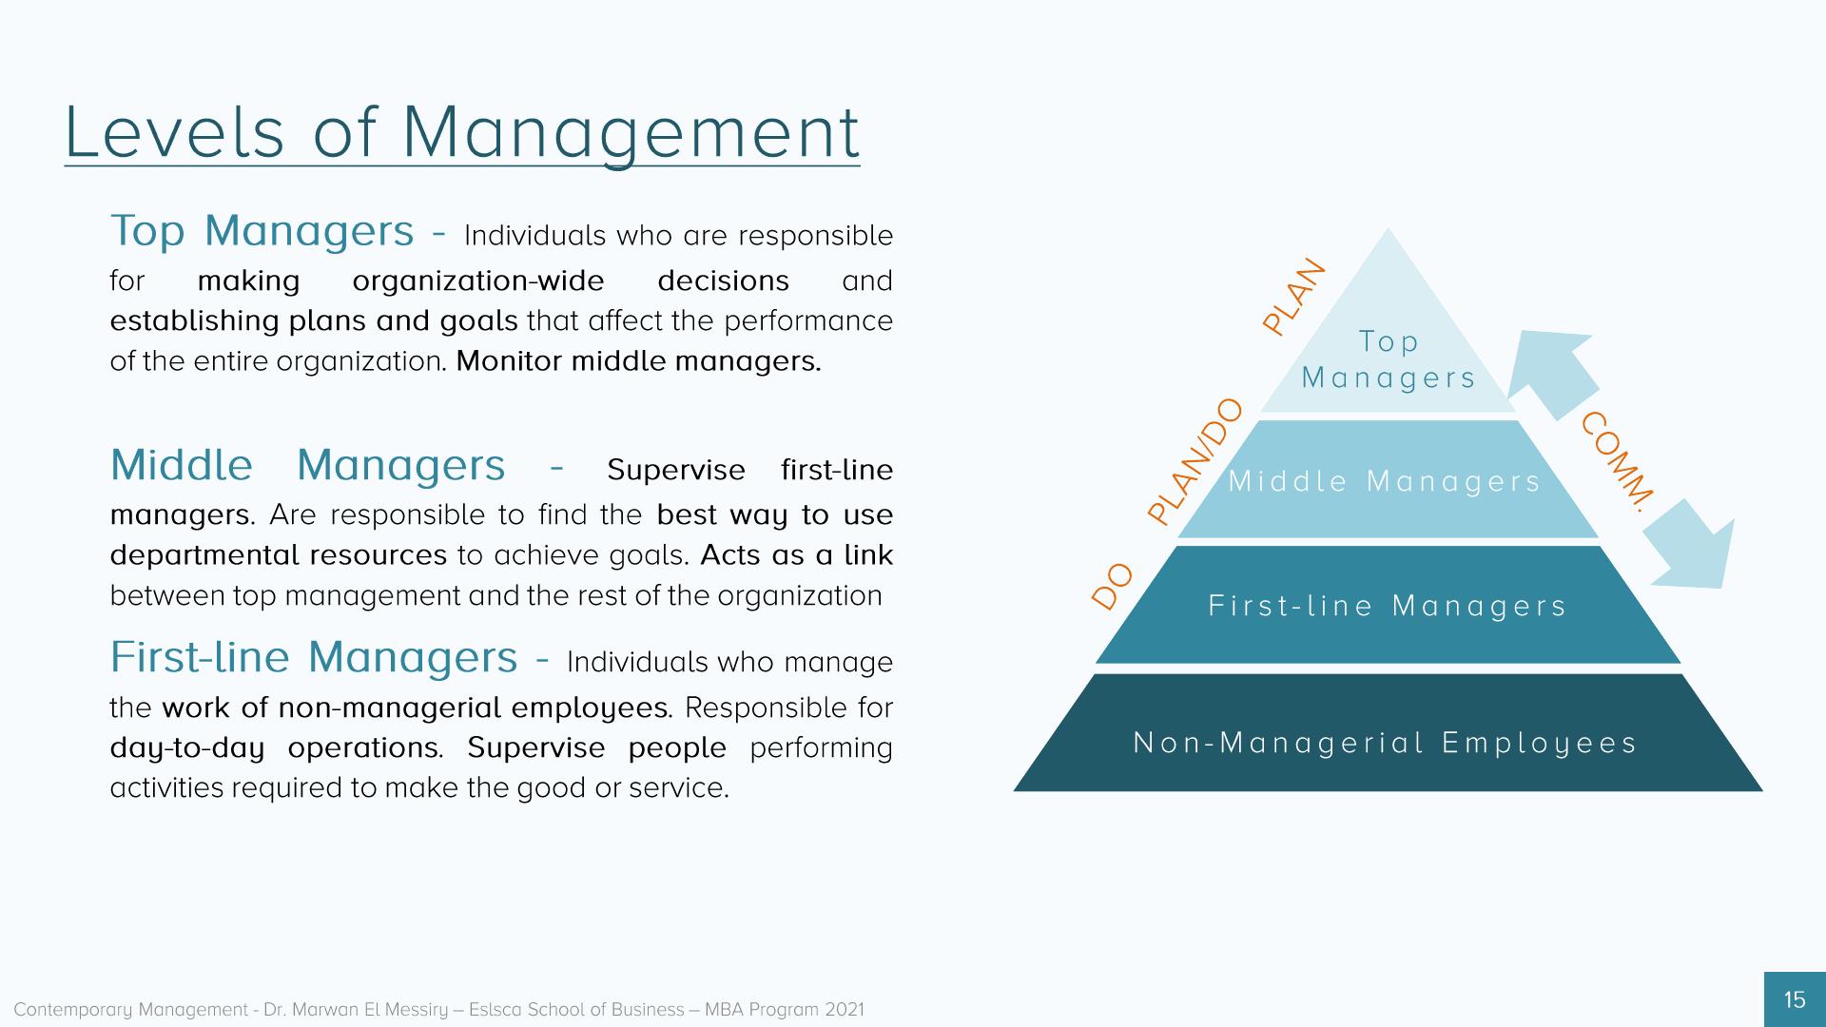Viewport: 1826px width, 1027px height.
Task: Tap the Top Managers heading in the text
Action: [262, 231]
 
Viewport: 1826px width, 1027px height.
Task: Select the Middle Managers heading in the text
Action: [308, 465]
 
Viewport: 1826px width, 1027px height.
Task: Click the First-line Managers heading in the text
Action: [314, 657]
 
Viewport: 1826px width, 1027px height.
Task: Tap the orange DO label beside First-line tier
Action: [1112, 586]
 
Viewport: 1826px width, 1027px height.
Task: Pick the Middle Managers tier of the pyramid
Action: [1388, 479]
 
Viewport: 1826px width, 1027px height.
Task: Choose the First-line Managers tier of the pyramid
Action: [1388, 605]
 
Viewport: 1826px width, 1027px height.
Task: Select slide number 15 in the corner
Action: [1795, 999]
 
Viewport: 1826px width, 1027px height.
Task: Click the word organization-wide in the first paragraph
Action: [478, 281]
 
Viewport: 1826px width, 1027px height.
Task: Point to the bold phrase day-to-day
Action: [187, 748]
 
